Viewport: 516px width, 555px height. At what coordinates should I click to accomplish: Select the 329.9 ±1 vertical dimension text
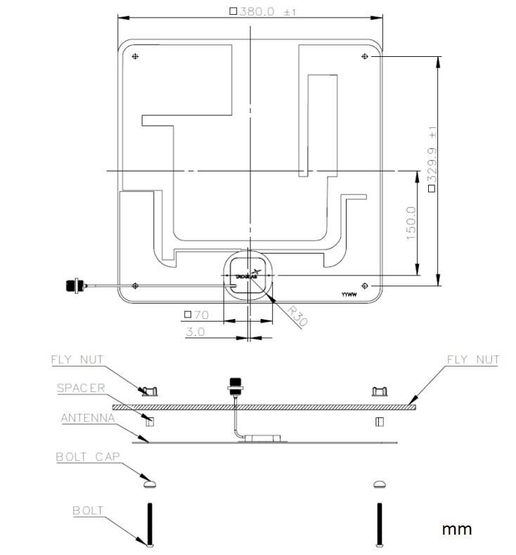(x=432, y=159)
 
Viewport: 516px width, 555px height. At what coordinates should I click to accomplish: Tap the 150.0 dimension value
(x=411, y=224)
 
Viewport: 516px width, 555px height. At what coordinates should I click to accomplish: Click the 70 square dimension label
(x=198, y=315)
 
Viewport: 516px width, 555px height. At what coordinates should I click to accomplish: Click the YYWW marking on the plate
(x=349, y=296)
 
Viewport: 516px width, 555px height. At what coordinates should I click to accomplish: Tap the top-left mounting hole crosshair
(x=136, y=55)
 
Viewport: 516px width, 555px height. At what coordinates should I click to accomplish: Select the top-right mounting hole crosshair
(x=364, y=55)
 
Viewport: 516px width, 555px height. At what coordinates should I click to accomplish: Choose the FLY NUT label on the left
(x=77, y=360)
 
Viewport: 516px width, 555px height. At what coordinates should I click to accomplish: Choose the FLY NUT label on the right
(x=473, y=360)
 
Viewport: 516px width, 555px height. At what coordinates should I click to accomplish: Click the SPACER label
(x=81, y=388)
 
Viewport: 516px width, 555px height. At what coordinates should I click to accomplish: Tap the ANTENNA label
(x=87, y=418)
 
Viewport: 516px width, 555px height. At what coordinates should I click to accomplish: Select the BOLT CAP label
(x=88, y=457)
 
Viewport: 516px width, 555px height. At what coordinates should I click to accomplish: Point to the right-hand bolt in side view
(x=380, y=524)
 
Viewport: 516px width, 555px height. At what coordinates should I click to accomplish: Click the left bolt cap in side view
(x=148, y=483)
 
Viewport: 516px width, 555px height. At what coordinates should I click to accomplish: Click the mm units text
(x=456, y=529)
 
